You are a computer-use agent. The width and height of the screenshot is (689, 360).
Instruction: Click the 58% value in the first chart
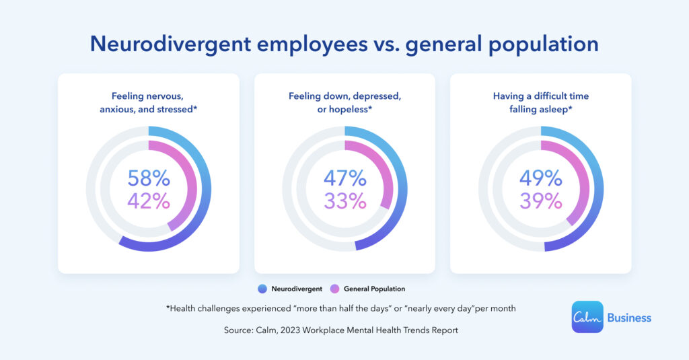pos(149,178)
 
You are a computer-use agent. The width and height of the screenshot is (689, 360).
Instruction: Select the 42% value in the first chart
pos(149,201)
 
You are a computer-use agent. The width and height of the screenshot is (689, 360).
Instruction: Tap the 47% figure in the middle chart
pos(344,178)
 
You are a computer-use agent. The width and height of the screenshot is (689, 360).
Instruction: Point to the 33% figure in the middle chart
pos(344,201)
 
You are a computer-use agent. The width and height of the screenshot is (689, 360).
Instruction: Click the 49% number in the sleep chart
pos(540,178)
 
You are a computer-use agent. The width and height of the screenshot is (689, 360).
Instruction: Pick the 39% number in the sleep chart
pos(540,201)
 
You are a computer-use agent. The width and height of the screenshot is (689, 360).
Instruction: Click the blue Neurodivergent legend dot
pos(261,289)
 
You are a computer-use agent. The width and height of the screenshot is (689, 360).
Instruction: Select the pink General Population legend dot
pos(334,289)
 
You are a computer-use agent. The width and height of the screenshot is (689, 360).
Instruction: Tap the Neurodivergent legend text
pos(295,289)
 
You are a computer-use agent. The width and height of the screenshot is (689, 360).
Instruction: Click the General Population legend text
pos(374,289)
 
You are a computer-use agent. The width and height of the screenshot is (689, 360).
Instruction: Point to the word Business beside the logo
pos(629,318)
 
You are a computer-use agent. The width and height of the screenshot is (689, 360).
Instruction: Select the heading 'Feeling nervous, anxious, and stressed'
pos(149,102)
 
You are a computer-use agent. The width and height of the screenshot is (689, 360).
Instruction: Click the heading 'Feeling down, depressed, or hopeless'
pos(344,102)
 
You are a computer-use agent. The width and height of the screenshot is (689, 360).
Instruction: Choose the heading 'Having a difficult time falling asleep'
pos(540,102)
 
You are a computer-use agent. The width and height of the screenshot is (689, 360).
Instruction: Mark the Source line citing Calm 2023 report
pos(344,330)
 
